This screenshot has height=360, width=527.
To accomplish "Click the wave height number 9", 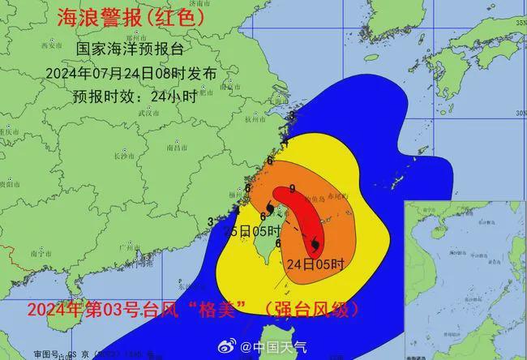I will point(292,189).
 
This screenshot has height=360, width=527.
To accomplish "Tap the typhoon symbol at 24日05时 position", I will point(313,243).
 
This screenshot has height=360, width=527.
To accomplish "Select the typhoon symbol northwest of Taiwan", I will point(268,209).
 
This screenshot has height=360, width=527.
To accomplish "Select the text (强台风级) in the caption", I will point(315,309).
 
